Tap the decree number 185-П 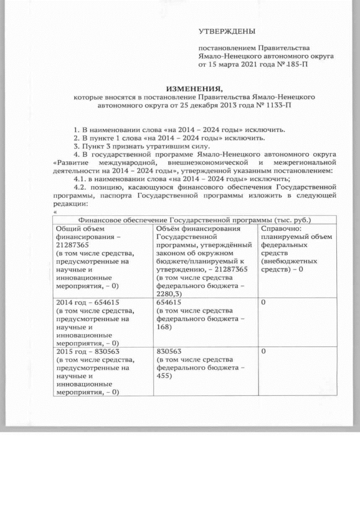tap(298, 65)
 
